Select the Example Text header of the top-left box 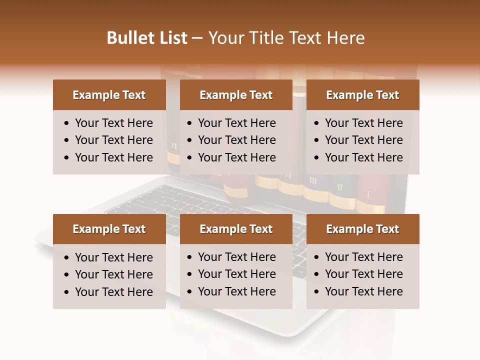[109, 95]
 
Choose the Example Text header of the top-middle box [236, 95]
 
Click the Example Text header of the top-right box [362, 95]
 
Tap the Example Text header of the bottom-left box [109, 229]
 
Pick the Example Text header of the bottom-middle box [236, 229]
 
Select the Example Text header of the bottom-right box [362, 229]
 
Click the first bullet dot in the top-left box [67, 123]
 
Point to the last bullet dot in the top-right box [317, 158]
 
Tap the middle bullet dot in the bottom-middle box [190, 274]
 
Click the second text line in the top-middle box [236, 140]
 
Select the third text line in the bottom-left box [113, 292]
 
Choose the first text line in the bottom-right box [363, 257]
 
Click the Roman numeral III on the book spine [313, 180]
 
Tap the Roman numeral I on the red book [368, 194]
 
